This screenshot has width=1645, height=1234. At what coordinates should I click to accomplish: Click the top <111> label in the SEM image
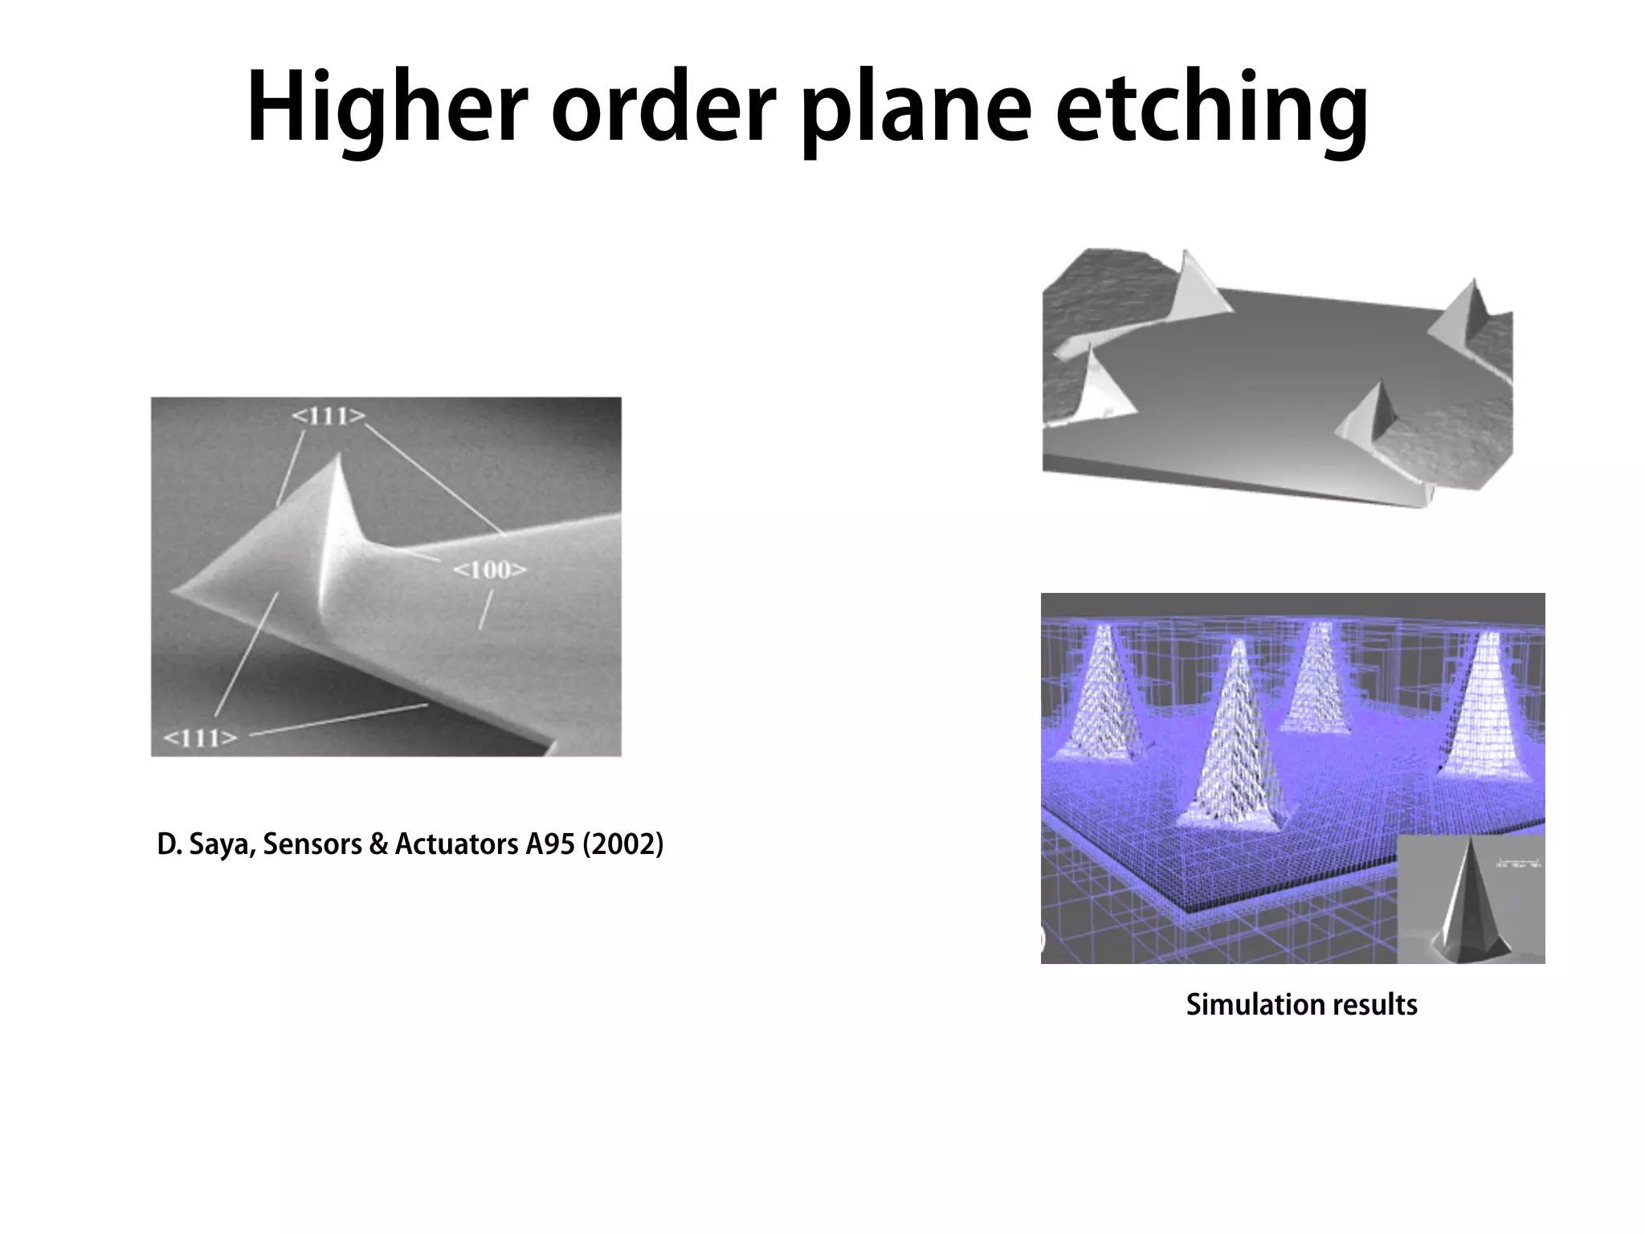(x=329, y=416)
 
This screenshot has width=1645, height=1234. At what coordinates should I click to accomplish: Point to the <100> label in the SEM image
(x=490, y=570)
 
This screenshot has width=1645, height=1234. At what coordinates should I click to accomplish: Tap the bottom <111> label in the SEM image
(x=200, y=738)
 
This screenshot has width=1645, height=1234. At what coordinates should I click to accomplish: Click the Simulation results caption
(x=1301, y=1004)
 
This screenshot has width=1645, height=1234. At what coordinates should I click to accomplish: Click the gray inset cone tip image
(x=1470, y=900)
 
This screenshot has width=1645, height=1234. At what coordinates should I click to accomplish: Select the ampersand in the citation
(x=377, y=844)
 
